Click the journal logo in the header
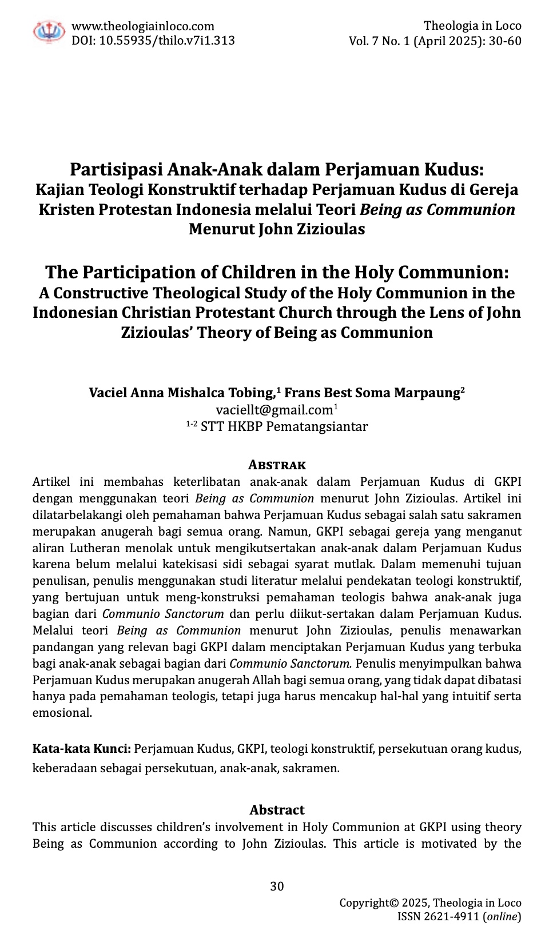point(49,32)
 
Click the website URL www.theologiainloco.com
point(142,26)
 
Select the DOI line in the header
point(153,41)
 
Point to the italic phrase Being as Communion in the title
point(437,210)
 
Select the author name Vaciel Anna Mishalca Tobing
point(182,393)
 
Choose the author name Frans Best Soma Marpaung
point(372,393)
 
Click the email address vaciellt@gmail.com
point(274,410)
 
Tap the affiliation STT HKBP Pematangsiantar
point(284,427)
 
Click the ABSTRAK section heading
point(277,465)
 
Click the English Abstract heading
point(277,810)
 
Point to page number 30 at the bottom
point(277,887)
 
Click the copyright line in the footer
point(430,903)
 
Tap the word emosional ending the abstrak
point(62,713)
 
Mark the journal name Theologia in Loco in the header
point(472,26)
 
